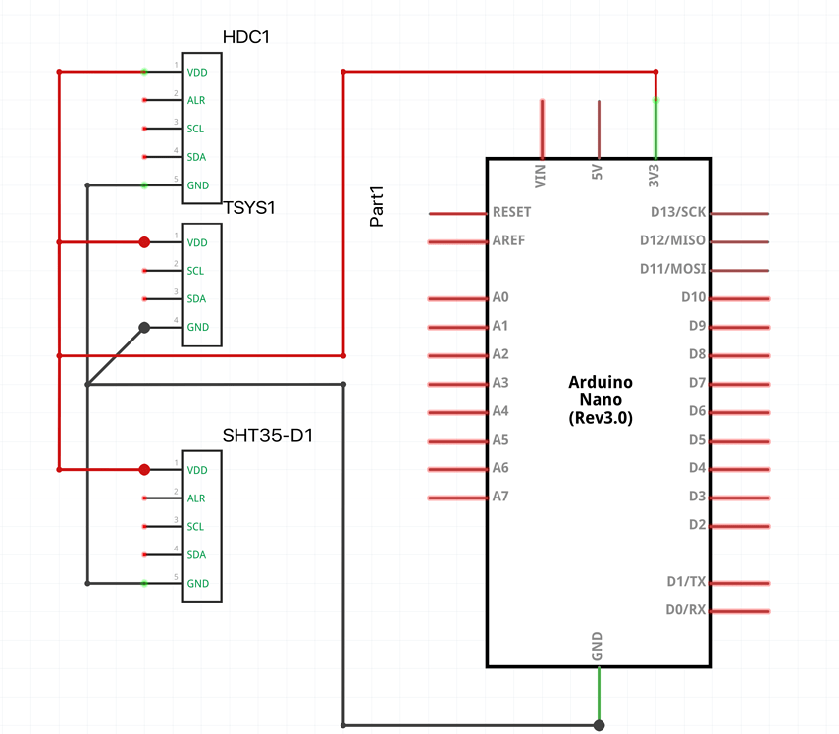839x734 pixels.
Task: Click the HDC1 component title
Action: pos(246,37)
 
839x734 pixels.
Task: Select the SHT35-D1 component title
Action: pos(268,435)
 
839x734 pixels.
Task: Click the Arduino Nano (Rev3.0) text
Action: pos(601,399)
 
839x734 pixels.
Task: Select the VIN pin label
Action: pos(540,176)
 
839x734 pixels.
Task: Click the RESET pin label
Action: pos(511,212)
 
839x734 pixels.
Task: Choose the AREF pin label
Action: pos(507,240)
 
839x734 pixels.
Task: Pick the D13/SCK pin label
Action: pos(678,212)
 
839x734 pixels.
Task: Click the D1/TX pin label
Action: pos(685,582)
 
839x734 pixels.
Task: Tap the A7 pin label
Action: pos(500,497)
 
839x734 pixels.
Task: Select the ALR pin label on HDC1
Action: pos(196,100)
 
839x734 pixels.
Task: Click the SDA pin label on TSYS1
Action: pos(196,299)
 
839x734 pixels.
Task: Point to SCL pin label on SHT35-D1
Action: pos(196,527)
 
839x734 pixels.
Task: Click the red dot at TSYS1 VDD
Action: pos(144,242)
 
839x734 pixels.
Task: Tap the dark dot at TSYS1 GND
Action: pos(144,328)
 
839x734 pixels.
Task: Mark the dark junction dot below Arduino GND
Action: pos(599,726)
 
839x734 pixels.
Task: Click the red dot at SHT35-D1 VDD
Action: pos(144,470)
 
